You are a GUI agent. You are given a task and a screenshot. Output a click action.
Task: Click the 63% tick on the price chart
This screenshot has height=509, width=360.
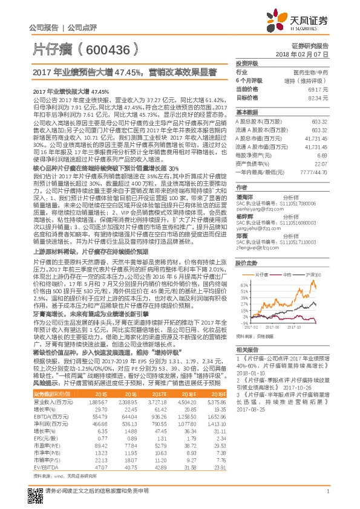(243, 267)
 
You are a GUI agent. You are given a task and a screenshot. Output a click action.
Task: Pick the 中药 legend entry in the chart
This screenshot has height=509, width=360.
(296, 257)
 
